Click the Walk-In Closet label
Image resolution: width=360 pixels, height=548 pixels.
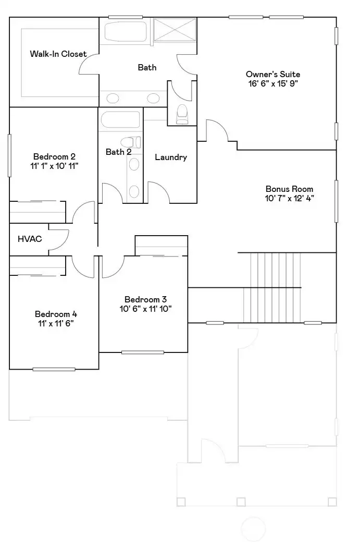click(x=58, y=54)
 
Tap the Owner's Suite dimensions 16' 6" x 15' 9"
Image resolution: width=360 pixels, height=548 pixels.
click(x=273, y=83)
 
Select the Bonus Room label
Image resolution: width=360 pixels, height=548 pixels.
click(x=289, y=189)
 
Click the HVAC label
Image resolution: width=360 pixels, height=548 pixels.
click(x=30, y=239)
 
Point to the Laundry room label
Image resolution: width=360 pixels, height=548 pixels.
click(x=170, y=157)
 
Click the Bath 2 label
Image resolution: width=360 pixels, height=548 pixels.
click(x=118, y=152)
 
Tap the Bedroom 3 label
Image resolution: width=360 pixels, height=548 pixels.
click(x=145, y=299)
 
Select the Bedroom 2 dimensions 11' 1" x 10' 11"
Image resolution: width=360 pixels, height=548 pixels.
click(x=55, y=166)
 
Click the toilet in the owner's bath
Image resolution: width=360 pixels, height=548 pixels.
click(x=182, y=114)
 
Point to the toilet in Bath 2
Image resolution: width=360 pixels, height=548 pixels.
click(x=131, y=142)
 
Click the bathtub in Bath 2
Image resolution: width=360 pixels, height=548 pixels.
click(x=120, y=120)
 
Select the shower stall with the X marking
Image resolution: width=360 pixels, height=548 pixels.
click(x=176, y=30)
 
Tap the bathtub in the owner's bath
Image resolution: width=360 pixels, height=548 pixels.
click(x=127, y=32)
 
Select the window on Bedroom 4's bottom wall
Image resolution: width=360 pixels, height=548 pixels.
click(x=54, y=369)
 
